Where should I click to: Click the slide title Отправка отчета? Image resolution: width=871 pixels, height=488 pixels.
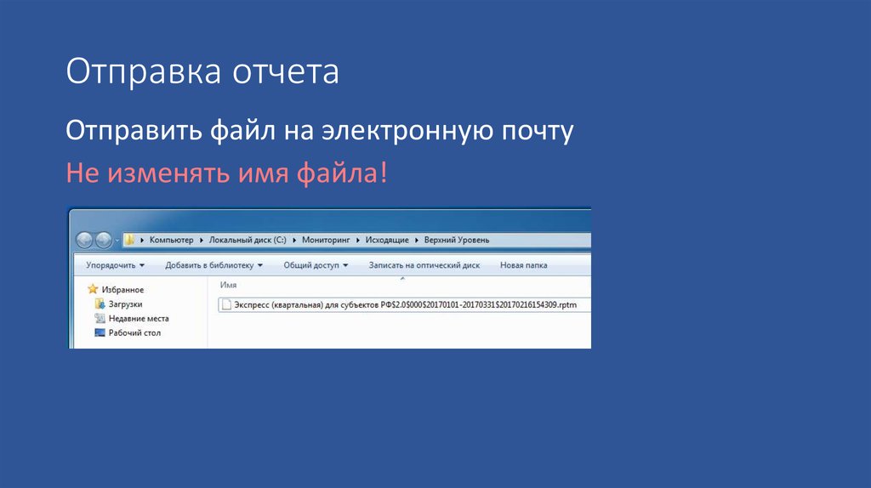202,72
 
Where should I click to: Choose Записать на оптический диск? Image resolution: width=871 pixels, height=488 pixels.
424,265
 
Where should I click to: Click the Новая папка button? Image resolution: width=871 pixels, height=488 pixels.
523,265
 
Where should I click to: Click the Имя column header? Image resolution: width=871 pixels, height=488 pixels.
228,285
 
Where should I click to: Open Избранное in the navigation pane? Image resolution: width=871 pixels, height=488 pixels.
122,290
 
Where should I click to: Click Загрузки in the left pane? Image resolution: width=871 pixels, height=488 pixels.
125,304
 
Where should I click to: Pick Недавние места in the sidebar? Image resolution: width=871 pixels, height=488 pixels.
138,319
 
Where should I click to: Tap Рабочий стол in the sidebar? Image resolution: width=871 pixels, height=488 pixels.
134,333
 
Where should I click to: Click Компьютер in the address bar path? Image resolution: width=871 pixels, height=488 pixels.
172,240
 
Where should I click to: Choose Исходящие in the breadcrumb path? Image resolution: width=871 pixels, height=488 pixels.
387,240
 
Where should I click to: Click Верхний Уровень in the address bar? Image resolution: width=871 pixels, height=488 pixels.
457,240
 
